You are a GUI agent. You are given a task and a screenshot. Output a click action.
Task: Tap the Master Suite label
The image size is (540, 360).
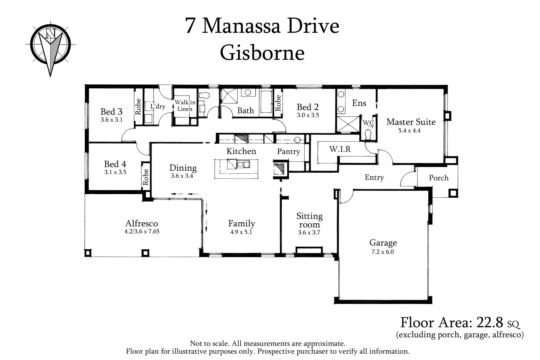(x=411, y=122)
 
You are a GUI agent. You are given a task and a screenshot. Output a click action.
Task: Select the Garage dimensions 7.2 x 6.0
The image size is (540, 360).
(x=382, y=252)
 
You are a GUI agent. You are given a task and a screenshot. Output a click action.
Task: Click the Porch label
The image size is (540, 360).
(x=438, y=178)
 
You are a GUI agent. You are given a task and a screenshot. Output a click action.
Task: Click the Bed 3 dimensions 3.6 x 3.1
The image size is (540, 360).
(x=111, y=120)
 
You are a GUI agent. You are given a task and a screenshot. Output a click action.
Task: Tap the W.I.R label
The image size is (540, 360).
(x=340, y=149)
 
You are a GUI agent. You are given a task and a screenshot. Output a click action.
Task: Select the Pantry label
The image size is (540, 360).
(x=288, y=151)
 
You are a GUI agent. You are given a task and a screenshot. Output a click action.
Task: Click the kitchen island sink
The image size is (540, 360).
(x=243, y=165)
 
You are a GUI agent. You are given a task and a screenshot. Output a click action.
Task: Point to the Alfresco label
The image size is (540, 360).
(x=141, y=223)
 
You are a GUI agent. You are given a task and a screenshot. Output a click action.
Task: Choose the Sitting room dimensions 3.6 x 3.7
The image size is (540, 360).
(x=309, y=232)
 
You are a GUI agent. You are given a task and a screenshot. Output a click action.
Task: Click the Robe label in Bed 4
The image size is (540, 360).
(x=145, y=177)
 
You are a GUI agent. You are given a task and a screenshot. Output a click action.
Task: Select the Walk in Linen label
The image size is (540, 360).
(x=185, y=106)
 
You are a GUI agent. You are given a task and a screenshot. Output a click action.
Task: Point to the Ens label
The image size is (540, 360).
(x=359, y=103)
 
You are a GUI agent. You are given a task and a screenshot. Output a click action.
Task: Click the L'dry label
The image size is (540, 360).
(x=158, y=107)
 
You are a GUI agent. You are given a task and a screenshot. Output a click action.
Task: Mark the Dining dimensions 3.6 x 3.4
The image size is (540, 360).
(x=182, y=176)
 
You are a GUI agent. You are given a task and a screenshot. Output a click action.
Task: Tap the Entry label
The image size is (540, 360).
(x=374, y=177)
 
